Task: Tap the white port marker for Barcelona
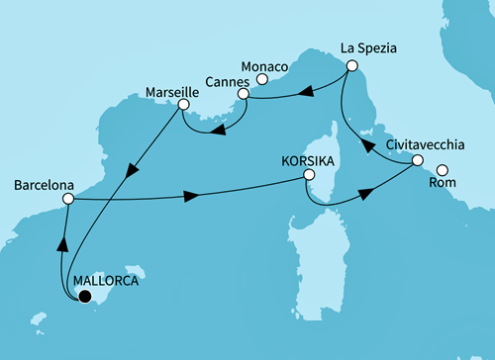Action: pyautogui.click(x=68, y=199)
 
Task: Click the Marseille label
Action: pyautogui.click(x=145, y=92)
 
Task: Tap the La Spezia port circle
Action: pyautogui.click(x=350, y=66)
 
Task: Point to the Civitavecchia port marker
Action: pyautogui.click(x=418, y=160)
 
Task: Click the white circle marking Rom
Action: pyautogui.click(x=442, y=168)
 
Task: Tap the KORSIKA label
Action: pyautogui.click(x=309, y=158)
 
